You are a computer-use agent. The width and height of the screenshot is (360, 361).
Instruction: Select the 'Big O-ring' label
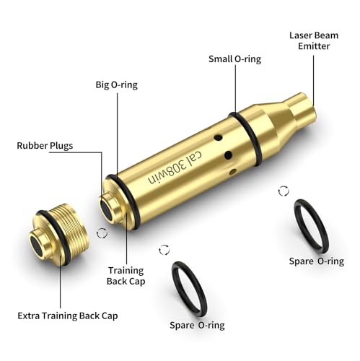(117, 84)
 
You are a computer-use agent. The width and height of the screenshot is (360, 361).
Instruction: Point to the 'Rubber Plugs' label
(45, 146)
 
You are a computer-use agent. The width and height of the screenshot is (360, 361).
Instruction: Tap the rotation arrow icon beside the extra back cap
(100, 233)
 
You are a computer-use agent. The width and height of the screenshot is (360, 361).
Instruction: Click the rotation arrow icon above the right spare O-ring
(284, 191)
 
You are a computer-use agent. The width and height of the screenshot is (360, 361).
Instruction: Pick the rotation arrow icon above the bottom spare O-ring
(164, 249)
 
